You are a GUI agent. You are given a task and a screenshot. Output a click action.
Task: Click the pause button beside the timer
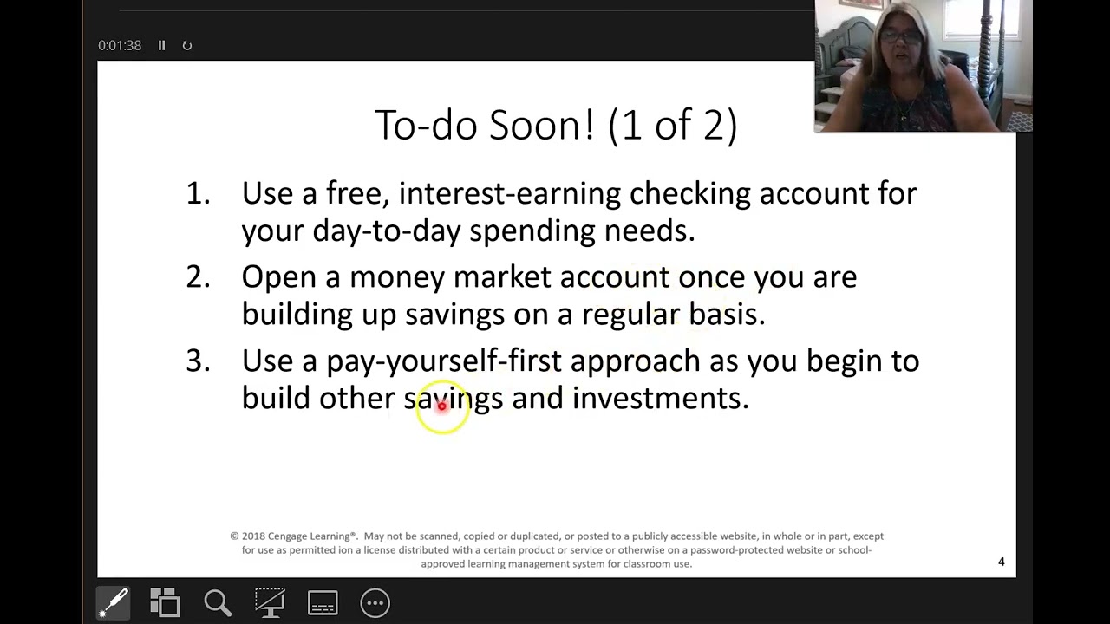pyautogui.click(x=161, y=45)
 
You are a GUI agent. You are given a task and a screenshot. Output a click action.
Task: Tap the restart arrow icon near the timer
pyautogui.click(x=186, y=45)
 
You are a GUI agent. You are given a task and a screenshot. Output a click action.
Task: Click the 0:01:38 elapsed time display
pyautogui.click(x=120, y=45)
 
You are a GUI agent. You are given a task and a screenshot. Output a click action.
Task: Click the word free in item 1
pyautogui.click(x=356, y=193)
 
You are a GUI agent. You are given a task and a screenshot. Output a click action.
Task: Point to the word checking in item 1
pyautogui.click(x=689, y=193)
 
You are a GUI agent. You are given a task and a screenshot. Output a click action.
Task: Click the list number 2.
pyautogui.click(x=198, y=277)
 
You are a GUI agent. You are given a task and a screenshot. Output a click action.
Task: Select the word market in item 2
pyautogui.click(x=501, y=277)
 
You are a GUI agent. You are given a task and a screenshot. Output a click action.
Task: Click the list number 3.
pyautogui.click(x=198, y=361)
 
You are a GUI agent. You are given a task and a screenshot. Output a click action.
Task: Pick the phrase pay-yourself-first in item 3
pyautogui.click(x=443, y=361)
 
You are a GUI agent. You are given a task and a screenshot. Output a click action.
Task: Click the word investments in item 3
pyautogui.click(x=659, y=399)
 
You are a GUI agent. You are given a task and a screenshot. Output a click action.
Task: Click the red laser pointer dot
pyautogui.click(x=441, y=406)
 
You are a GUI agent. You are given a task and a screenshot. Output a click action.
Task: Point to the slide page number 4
pyautogui.click(x=1001, y=562)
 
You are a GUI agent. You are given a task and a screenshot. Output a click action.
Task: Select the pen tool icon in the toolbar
pyautogui.click(x=114, y=602)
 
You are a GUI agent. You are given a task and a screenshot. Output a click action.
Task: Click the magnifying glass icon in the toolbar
pyautogui.click(x=217, y=602)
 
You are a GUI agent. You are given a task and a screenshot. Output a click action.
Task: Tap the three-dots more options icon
pyautogui.click(x=375, y=602)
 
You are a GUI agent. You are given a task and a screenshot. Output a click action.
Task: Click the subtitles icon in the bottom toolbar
pyautogui.click(x=322, y=602)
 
